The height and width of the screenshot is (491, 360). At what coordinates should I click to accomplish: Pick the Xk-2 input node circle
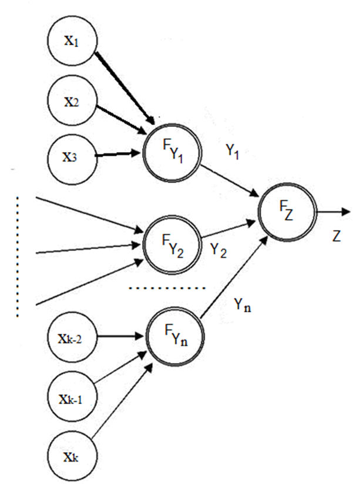point(71,337)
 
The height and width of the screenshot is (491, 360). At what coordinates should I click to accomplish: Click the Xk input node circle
point(71,453)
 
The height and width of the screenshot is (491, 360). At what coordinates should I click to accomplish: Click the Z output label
point(336,236)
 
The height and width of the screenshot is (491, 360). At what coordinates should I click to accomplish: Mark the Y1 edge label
point(234,151)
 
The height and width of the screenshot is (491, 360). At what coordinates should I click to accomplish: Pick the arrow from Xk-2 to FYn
point(121,337)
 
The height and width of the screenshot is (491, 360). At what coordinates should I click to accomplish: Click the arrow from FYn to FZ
point(230,270)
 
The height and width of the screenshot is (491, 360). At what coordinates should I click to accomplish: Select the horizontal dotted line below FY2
point(167,288)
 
